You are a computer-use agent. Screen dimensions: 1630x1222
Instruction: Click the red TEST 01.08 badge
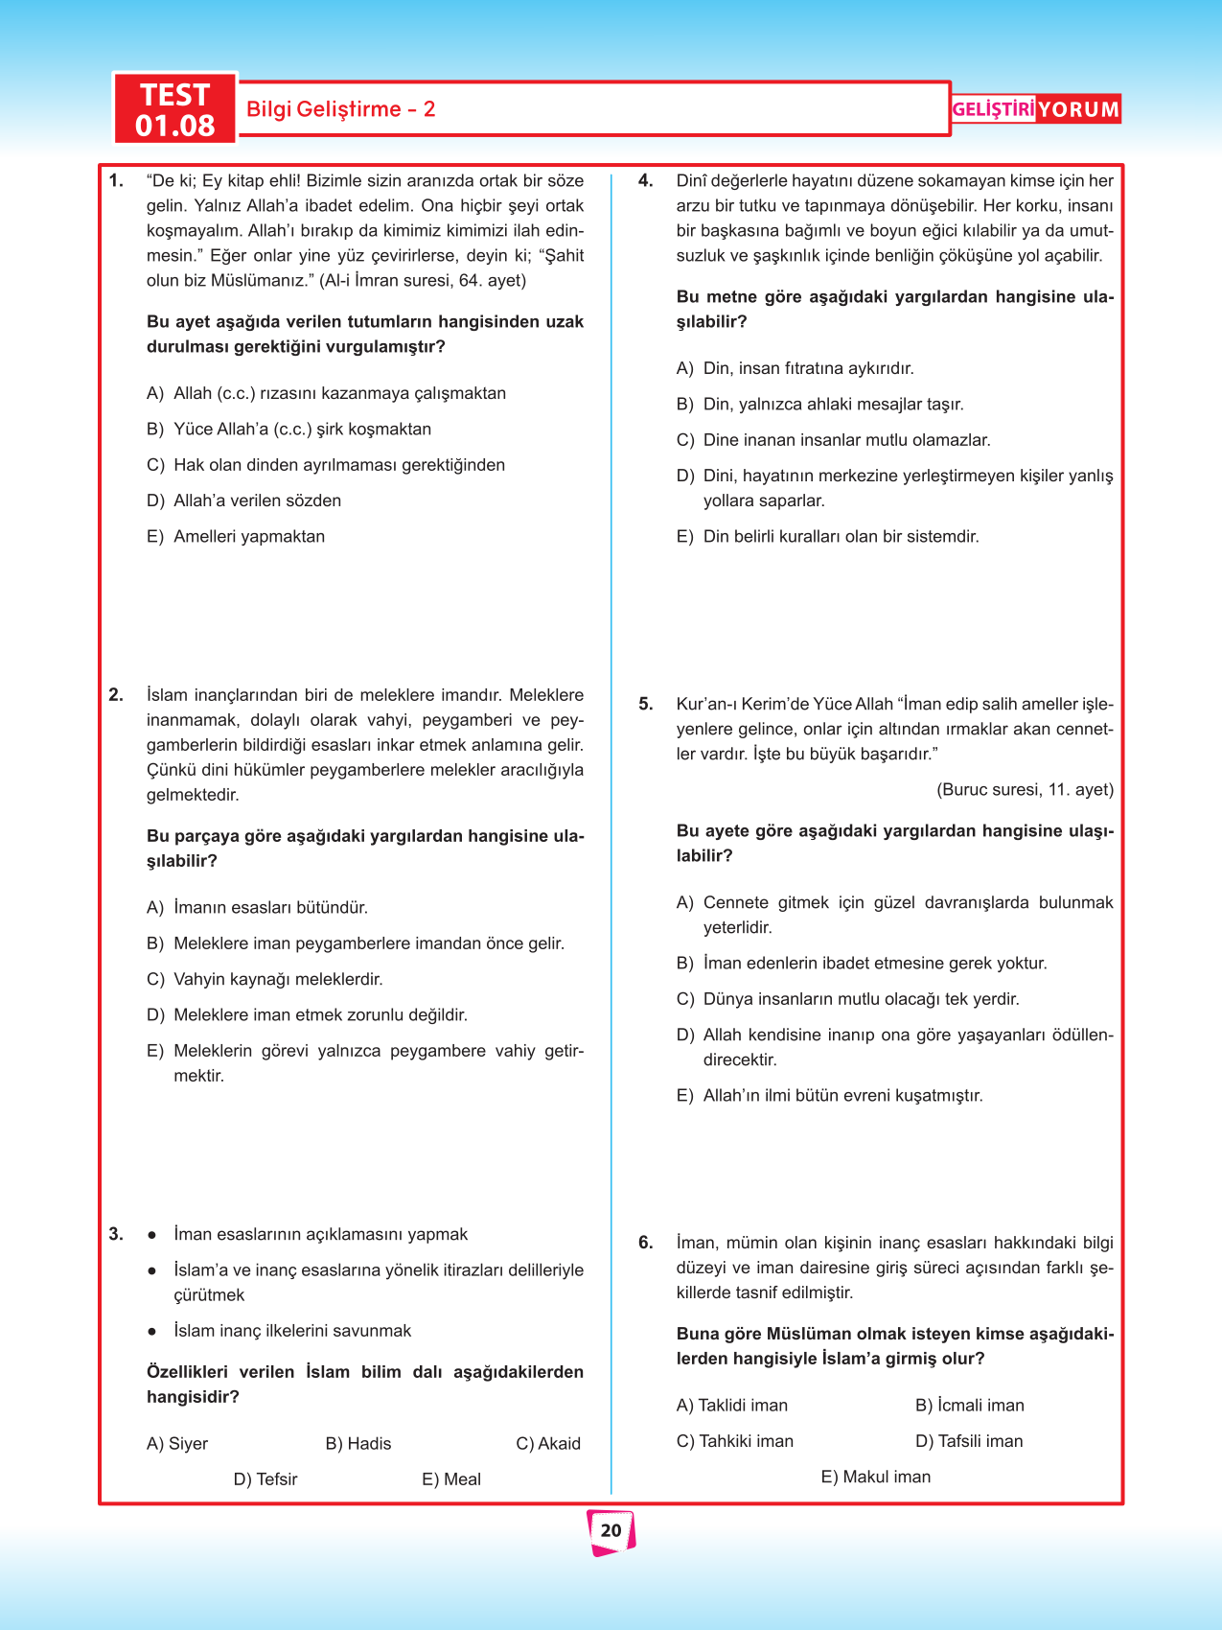[174, 109]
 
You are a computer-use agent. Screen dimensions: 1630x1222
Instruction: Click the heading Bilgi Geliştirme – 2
[340, 109]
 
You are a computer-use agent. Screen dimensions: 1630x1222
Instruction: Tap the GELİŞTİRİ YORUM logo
[1035, 109]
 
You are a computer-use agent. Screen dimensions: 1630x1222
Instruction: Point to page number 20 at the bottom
[611, 1530]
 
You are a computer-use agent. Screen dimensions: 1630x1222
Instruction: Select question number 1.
[116, 181]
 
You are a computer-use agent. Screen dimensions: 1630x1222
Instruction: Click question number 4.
[646, 181]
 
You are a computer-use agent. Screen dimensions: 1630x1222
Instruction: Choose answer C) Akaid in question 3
[548, 1444]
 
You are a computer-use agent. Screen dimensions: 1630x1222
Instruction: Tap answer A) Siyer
[177, 1444]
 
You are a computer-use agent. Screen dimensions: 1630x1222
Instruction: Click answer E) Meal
[451, 1479]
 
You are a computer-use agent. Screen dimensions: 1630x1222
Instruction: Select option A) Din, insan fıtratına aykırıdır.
[795, 369]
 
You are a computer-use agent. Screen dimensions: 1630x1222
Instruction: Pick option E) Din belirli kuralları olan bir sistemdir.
[827, 537]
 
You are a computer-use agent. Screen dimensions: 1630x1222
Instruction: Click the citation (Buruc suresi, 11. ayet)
[1025, 790]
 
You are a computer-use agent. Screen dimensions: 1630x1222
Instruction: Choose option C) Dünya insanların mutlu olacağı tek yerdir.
[847, 999]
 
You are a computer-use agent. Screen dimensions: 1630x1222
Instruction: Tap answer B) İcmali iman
[969, 1406]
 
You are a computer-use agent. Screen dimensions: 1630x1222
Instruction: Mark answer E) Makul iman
[876, 1478]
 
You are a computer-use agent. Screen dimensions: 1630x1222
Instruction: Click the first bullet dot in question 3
[151, 1235]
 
